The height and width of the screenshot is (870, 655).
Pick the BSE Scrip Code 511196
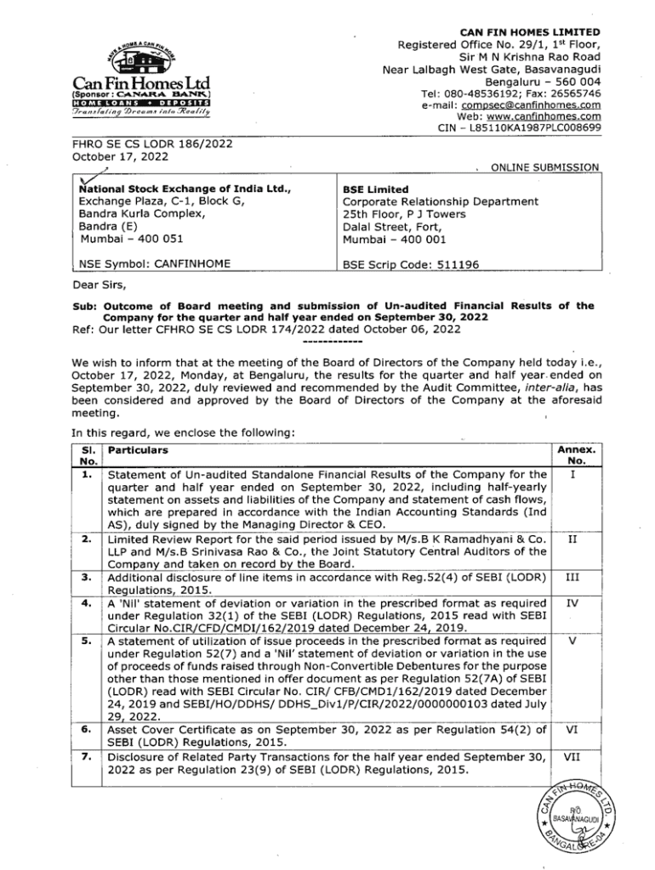411,265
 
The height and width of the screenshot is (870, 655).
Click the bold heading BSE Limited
375,189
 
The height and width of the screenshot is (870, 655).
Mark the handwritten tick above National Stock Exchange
86,176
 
